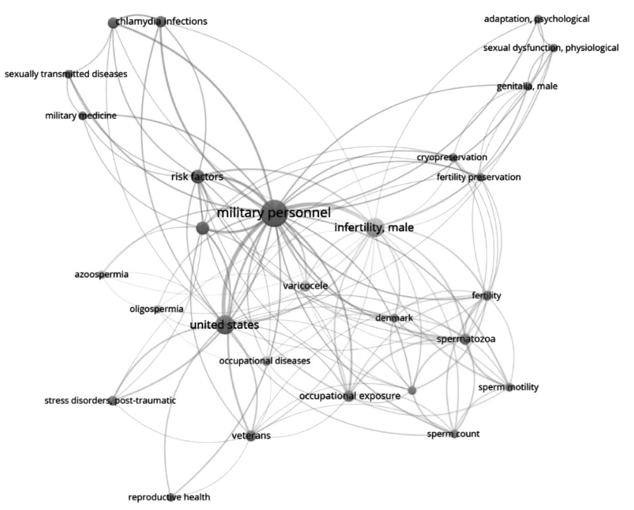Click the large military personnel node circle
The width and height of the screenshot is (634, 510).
point(274,213)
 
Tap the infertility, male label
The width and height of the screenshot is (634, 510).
point(374,227)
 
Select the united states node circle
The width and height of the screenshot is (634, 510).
point(224,325)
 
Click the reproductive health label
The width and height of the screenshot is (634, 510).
point(169,497)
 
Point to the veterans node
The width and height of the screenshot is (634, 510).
point(251,436)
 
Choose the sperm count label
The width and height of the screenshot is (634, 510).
point(453,434)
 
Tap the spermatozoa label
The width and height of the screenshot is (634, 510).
point(466,339)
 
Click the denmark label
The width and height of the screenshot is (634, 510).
point(394,318)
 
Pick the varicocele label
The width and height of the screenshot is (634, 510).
point(305,286)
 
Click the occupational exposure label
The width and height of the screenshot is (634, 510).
point(350,396)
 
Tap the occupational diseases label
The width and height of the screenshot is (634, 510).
point(265,360)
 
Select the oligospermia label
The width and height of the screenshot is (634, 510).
point(156,309)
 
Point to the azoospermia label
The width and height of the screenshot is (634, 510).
point(101,275)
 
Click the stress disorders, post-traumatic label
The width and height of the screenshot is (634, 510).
point(110,400)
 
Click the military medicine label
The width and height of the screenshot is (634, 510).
point(81,115)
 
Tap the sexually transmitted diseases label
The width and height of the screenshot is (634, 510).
point(66,74)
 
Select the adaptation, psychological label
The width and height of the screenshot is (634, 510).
point(537,19)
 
